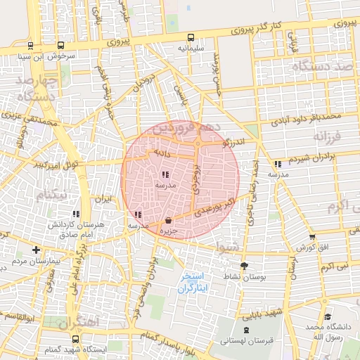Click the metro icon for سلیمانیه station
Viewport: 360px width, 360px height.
191,37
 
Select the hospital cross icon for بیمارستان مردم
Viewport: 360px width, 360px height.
36,250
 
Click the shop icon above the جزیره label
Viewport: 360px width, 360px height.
168,220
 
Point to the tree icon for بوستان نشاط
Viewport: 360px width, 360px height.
244,266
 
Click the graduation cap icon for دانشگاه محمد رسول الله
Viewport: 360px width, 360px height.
326,316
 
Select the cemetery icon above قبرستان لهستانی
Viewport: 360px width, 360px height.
245,330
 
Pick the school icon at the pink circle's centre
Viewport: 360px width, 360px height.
166,174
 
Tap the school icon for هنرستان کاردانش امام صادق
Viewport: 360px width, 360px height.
75,213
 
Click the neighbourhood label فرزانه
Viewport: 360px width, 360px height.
330,135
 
